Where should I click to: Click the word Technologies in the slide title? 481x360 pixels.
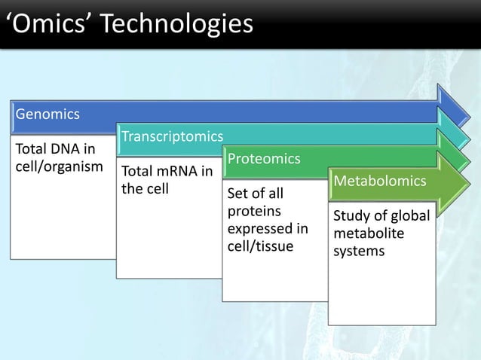[178, 25]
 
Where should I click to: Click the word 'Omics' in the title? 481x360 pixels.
[47, 25]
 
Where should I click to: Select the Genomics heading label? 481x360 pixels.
[47, 114]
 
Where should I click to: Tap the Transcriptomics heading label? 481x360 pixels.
[172, 136]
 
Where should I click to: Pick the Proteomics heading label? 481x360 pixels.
[264, 159]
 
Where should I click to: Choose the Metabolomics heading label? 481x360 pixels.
[380, 182]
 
